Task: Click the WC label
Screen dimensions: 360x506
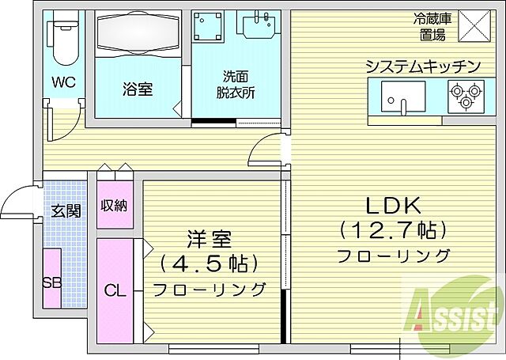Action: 62,82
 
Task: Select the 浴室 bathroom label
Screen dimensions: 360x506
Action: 137,89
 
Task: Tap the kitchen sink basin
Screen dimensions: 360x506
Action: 404,98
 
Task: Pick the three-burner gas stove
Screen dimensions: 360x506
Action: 464,97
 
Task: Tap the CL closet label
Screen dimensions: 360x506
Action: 115,290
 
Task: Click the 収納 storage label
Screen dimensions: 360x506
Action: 114,206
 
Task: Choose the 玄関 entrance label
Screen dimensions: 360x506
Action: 66,211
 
